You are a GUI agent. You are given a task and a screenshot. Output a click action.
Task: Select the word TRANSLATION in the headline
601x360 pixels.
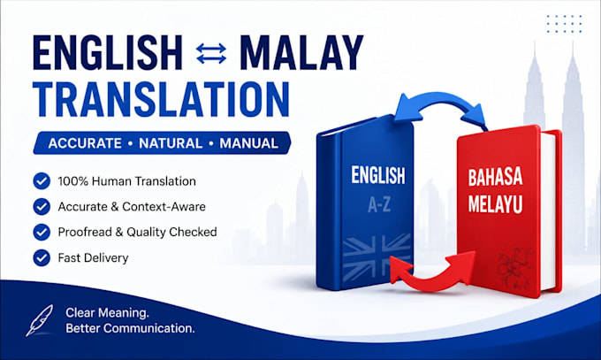162,99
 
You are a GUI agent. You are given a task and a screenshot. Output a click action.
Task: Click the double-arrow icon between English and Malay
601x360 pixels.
211,53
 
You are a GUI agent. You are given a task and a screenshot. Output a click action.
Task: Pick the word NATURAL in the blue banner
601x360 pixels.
171,143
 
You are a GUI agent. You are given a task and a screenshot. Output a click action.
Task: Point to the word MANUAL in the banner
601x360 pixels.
248,143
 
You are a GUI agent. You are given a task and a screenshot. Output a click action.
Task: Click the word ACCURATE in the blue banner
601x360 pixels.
85,143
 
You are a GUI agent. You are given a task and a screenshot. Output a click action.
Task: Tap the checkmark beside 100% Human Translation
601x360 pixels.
42,181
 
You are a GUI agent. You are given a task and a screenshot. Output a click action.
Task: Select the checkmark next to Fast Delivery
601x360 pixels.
42,258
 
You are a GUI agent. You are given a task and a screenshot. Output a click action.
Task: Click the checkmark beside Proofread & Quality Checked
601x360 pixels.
42,233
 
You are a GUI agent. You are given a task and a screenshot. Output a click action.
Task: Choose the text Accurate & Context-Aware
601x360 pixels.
132,207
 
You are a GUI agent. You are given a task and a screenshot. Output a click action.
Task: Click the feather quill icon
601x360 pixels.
40,320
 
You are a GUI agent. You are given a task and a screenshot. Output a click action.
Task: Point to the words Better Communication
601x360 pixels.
130,328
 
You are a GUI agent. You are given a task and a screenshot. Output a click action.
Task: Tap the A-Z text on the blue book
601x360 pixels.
379,205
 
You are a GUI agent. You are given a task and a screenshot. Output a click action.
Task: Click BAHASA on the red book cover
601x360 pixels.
495,177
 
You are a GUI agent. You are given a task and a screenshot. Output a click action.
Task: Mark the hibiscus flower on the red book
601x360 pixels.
514,269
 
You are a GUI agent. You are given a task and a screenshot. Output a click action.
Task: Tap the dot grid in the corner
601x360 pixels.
564,24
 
